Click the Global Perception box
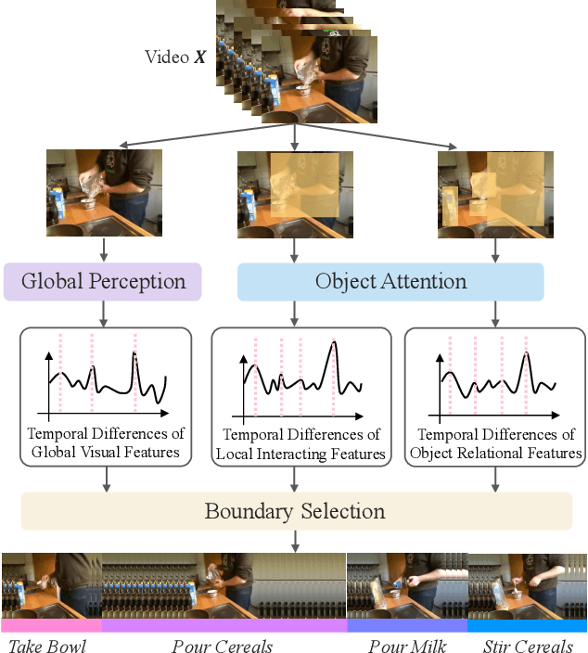click(102, 282)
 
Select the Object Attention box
click(390, 282)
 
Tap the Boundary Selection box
click(294, 511)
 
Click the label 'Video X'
click(175, 57)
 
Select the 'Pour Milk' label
click(406, 645)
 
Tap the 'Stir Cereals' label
click(528, 645)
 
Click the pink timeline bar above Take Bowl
click(51, 625)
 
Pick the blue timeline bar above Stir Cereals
click(527, 625)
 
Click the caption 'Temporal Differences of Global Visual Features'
click(105, 443)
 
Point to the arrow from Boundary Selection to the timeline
click(294, 540)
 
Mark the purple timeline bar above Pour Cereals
click(224, 625)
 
